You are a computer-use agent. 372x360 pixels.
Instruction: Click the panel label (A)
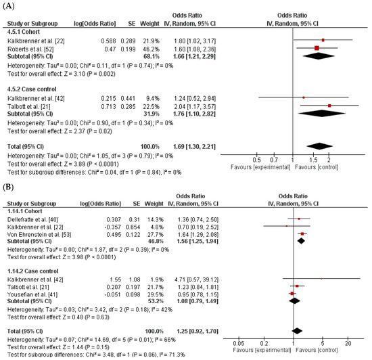tap(9, 5)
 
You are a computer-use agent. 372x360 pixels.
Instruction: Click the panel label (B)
tap(8, 187)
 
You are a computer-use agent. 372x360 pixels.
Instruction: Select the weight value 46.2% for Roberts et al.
tap(151, 49)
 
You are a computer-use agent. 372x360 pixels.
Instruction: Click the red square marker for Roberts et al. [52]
tap(317, 48)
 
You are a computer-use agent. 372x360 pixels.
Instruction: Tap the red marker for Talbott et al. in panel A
tap(329, 106)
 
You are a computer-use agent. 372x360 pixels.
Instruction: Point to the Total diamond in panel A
tap(319, 146)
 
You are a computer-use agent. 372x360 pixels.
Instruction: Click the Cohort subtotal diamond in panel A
tap(319, 56)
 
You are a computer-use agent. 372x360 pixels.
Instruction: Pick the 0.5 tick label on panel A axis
tap(257, 160)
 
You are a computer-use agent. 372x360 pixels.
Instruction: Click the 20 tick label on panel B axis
tap(348, 343)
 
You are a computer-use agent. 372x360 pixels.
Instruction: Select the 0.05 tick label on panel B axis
tap(239, 343)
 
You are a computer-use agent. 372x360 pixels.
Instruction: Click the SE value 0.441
tap(128, 98)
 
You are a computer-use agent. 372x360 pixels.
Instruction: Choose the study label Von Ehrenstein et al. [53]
tap(39, 234)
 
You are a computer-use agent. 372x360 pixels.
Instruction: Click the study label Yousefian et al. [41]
tap(32, 294)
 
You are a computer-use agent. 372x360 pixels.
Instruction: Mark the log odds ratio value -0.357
tap(113, 227)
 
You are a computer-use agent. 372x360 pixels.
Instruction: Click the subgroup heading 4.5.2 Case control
tap(32, 89)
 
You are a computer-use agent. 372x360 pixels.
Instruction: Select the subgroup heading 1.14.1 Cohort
tap(24, 211)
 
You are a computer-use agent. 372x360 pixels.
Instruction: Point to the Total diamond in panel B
tap(297, 331)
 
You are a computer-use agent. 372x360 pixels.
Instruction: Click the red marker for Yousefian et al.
tap(292, 294)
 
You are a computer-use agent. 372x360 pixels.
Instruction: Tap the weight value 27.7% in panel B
tap(155, 234)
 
